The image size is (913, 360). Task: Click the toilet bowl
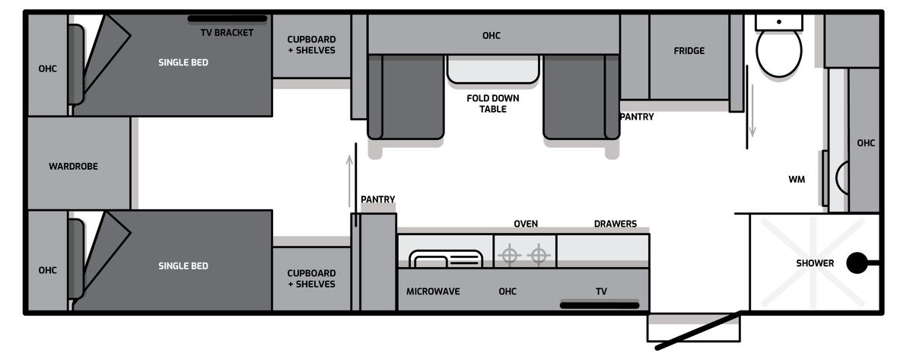779,50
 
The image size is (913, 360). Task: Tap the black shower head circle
857,263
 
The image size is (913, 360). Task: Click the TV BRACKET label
227,33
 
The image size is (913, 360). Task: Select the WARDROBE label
73,167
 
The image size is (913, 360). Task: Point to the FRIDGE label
689,51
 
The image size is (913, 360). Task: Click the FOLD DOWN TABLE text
493,104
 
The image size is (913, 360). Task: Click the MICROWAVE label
433,292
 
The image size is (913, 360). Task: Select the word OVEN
526,224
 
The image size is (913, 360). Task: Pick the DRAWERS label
615,224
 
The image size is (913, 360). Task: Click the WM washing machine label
797,180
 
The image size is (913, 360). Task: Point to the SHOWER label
815,263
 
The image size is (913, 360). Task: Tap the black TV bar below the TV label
600,305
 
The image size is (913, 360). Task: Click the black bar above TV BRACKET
227,18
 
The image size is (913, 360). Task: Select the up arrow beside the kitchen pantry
349,181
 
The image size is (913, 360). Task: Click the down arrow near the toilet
752,111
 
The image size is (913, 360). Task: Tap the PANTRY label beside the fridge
637,117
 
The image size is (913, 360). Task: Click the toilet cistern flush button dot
779,22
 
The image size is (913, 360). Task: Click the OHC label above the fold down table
491,36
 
